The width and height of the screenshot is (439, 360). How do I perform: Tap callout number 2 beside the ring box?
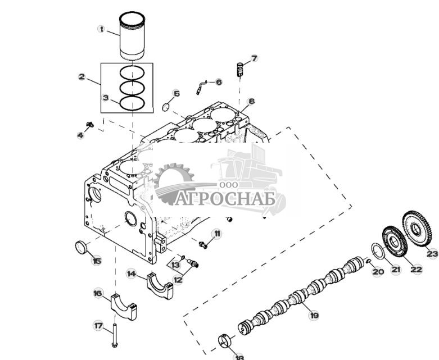point(82,76)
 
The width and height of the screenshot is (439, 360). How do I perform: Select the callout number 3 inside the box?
point(105,97)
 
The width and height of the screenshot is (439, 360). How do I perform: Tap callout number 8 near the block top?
point(251,102)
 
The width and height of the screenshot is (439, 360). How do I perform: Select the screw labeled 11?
point(203,244)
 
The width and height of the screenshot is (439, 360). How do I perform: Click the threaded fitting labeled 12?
point(193,262)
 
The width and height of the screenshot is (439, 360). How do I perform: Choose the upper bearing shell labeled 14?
point(160,281)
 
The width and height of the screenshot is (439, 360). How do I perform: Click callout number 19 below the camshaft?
point(314,316)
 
